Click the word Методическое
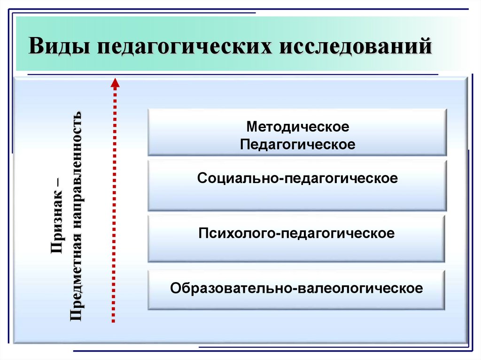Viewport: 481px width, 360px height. pyautogui.click(x=298, y=127)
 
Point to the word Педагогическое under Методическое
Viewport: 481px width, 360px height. pyautogui.click(x=298, y=144)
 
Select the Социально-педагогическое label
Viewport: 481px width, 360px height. pyautogui.click(x=298, y=179)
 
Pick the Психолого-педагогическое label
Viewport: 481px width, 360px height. pyautogui.click(x=296, y=233)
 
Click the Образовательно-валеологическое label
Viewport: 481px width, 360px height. pyautogui.click(x=296, y=287)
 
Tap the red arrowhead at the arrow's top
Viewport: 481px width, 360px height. pyautogui.click(x=115, y=83)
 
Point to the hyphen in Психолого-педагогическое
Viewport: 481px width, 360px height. pyautogui.click(x=276, y=234)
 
